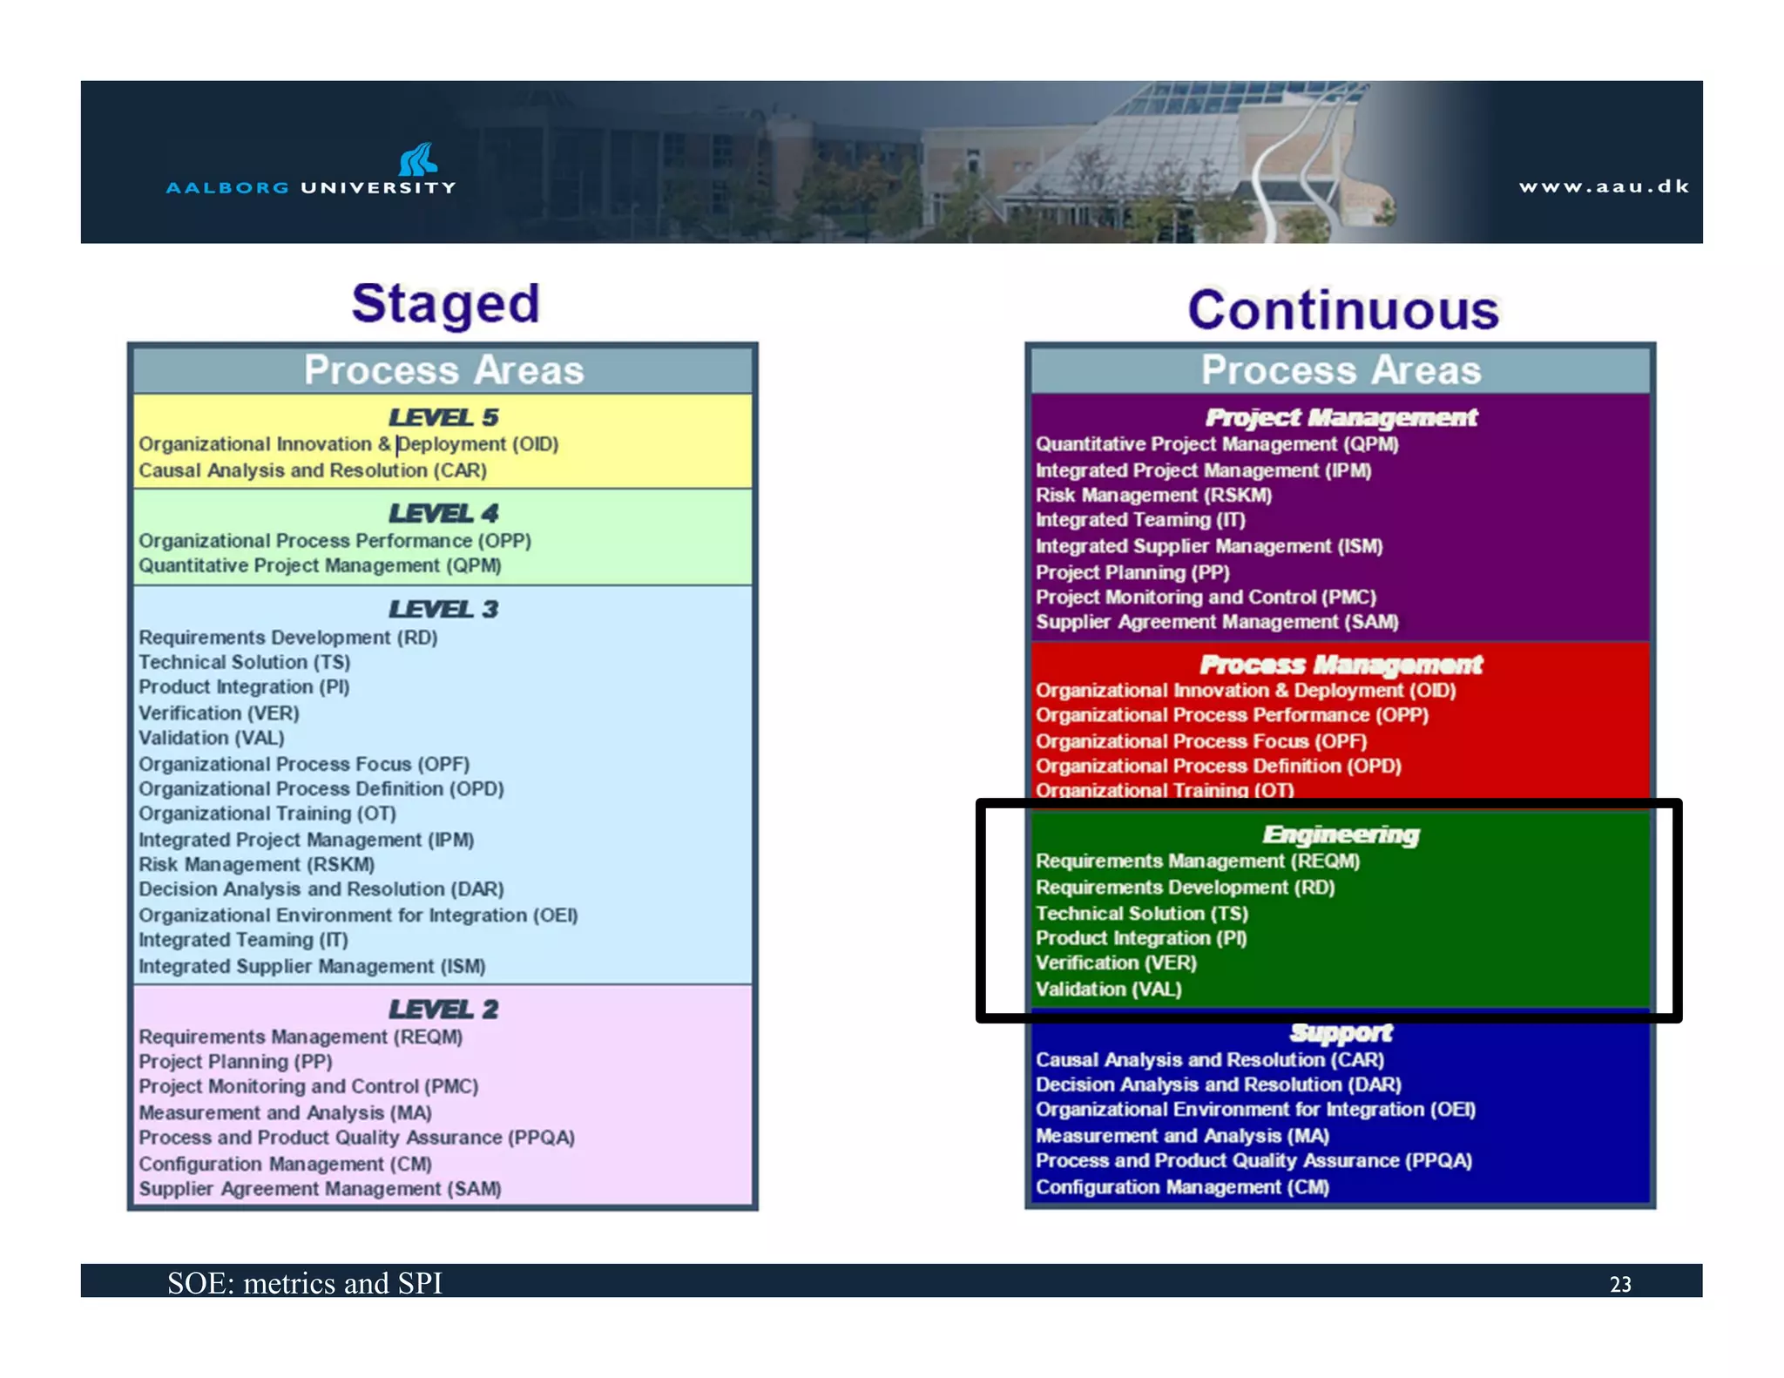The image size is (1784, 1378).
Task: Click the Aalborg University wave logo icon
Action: tap(418, 159)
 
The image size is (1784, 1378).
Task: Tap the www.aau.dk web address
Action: tap(1603, 186)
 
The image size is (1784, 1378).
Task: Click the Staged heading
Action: tap(445, 304)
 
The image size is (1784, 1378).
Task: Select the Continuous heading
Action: tap(1342, 310)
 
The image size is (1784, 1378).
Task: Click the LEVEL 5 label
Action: tap(443, 417)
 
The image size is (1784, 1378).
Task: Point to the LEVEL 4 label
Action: tap(443, 513)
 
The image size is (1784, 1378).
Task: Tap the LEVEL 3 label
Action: tap(443, 609)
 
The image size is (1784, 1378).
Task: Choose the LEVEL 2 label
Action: tap(443, 1009)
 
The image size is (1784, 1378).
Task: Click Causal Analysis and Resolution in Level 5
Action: tap(313, 470)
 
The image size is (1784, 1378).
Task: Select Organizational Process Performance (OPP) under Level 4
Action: tap(334, 540)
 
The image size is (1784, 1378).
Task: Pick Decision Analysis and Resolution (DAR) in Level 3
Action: tap(321, 889)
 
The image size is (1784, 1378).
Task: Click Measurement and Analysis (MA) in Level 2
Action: tap(285, 1112)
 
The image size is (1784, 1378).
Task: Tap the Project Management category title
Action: tap(1341, 417)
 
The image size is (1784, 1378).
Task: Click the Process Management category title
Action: tap(1341, 665)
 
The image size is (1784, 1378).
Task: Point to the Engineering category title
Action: tap(1341, 834)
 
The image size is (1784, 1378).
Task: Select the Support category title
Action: tap(1341, 1033)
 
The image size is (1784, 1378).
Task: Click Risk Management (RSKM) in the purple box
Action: tap(1153, 495)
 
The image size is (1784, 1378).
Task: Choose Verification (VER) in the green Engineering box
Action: tap(1116, 963)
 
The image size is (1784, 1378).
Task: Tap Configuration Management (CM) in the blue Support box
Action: tap(1182, 1186)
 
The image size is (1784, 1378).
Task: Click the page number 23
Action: tap(1619, 1284)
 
